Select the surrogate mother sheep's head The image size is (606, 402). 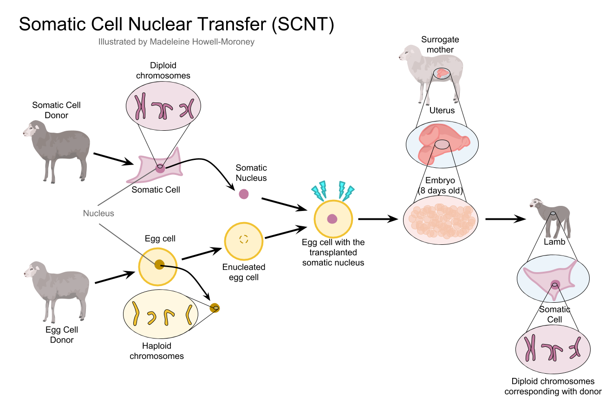pos(405,54)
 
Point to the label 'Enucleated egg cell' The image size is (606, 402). pos(244,272)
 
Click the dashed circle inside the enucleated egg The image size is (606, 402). pos(244,239)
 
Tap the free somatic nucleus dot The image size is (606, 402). pos(243,194)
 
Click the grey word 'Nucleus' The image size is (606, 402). pos(98,213)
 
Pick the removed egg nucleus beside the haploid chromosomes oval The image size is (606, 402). pos(215,307)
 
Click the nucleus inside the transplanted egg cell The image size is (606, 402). pos(332,219)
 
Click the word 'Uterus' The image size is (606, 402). pos(442,111)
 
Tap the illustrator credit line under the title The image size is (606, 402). pos(176,42)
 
